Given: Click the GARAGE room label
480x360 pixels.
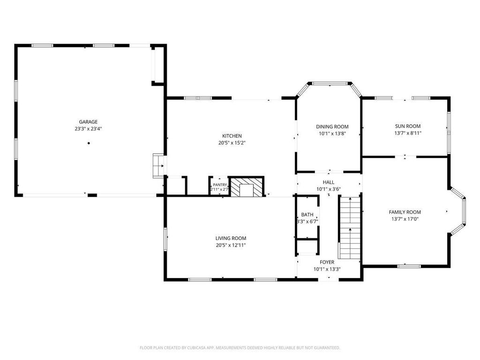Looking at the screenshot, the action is tap(88, 122).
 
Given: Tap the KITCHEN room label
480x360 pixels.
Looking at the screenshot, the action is tap(232, 136).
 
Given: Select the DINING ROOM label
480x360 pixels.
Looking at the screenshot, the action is tap(332, 127).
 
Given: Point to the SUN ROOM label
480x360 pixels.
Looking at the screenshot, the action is tap(407, 126).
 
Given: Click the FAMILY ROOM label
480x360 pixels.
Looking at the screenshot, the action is tap(405, 212).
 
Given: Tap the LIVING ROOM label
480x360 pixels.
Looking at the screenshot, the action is tap(231, 239).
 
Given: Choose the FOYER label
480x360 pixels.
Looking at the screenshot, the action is tap(327, 262).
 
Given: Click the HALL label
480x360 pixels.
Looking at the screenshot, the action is tap(329, 182).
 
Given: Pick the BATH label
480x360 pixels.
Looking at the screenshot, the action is tap(307, 215).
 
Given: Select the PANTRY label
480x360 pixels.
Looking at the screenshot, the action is tap(220, 185).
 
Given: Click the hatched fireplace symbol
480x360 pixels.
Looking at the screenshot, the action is tap(247, 187).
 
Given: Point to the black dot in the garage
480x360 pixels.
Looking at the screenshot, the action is tap(89, 143).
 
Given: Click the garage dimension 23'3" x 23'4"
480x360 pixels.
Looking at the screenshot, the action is tap(88, 129).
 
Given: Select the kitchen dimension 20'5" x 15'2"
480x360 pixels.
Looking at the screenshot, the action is tap(232, 143).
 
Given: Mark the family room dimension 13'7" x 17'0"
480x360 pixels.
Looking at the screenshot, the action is tap(405, 219).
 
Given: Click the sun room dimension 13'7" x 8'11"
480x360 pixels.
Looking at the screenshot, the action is tap(407, 133).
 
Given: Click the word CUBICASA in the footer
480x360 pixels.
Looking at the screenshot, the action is tap(196, 348).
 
